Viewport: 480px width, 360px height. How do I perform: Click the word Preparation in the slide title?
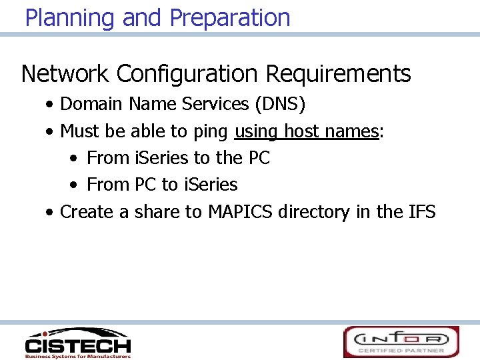coord(230,17)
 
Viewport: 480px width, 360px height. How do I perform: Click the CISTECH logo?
coord(78,343)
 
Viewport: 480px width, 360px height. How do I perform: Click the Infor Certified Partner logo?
coord(401,342)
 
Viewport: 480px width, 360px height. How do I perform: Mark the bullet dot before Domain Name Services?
coord(51,105)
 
